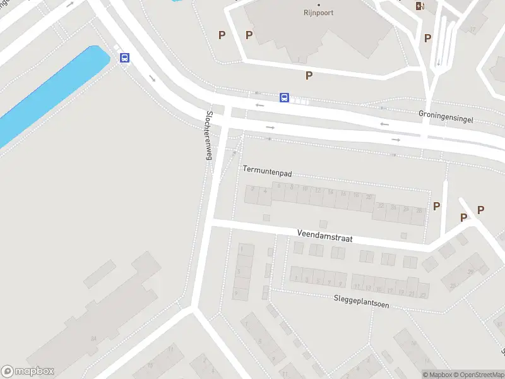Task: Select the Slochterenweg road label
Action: click(208, 135)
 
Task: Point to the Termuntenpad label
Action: click(266, 170)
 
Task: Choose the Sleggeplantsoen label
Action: click(362, 303)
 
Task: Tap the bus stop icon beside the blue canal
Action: click(125, 58)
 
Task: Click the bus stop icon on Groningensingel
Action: click(285, 97)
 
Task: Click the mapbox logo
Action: click(28, 371)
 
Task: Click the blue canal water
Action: click(50, 95)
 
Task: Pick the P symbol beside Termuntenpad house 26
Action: click(436, 206)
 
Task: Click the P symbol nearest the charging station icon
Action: click(428, 38)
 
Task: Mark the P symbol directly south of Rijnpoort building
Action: click(309, 76)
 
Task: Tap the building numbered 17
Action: click(472, 28)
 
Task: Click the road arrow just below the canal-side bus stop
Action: click(153, 78)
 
